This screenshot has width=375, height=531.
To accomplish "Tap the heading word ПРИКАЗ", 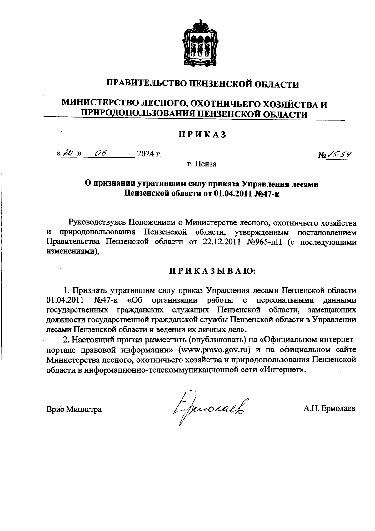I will coord(202,135).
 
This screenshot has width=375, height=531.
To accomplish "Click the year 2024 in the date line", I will coord(146,154).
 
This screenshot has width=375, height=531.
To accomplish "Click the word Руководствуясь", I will coord(97,222).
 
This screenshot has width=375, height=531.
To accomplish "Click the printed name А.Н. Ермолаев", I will coord(329,409).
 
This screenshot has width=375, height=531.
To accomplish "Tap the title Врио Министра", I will coord(74,409).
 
